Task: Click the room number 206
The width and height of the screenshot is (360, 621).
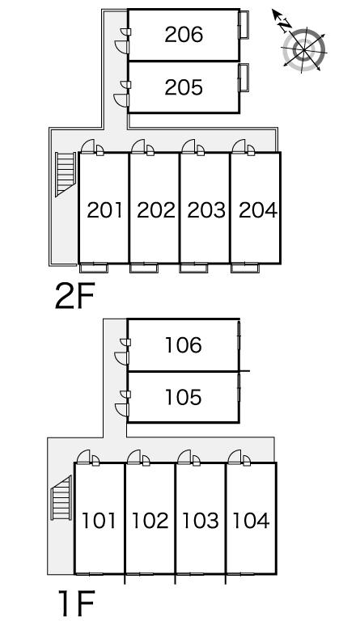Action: tap(184, 35)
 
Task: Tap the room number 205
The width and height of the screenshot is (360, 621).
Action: tap(184, 87)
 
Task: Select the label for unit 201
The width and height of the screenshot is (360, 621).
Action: tap(104, 210)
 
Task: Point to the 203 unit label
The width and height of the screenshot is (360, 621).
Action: tap(206, 210)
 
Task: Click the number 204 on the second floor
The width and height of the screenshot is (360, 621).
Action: tap(258, 210)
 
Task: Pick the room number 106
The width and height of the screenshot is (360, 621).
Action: tap(183, 345)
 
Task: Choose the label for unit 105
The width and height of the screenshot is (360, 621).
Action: tap(183, 397)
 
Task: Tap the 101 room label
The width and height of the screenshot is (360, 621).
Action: tap(99, 520)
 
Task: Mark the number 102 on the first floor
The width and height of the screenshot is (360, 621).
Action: tap(150, 520)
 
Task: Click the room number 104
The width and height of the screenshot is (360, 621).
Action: tap(251, 520)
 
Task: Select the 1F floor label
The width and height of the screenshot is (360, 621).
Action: tap(77, 603)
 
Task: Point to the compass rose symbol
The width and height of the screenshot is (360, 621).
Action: tap(303, 49)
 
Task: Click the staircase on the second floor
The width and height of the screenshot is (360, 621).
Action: tap(66, 175)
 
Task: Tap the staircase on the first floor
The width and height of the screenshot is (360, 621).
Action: tap(61, 497)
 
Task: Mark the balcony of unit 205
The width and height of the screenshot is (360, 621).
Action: tap(244, 78)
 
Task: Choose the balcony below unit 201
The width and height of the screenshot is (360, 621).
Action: tap(94, 268)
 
